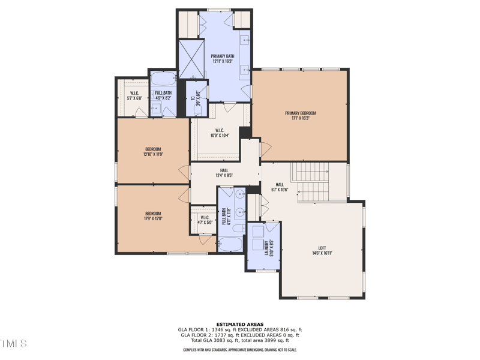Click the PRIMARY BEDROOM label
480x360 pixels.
pyautogui.click(x=300, y=116)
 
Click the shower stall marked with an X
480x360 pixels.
pyautogui.click(x=191, y=59)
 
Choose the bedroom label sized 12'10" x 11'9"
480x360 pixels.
pyautogui.click(x=153, y=151)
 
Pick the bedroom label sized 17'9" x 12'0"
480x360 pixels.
pyautogui.click(x=153, y=215)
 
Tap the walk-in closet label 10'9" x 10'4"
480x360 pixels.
pyautogui.click(x=220, y=133)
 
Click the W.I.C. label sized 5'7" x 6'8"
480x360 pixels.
pyautogui.click(x=134, y=95)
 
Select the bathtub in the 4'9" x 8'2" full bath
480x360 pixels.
pyautogui.click(x=162, y=79)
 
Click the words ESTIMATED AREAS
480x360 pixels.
pyautogui.click(x=239, y=325)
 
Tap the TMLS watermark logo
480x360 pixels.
pyautogui.click(x=13, y=343)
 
